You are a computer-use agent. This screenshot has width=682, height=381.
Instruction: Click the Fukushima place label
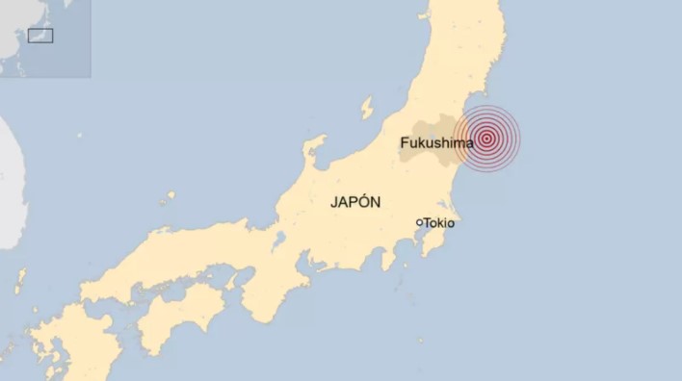tap(436, 143)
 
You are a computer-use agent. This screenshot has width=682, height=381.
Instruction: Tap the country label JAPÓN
tap(355, 202)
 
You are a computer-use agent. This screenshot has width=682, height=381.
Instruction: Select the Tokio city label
tap(439, 222)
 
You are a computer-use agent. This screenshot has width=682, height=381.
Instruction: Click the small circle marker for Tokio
tap(419, 222)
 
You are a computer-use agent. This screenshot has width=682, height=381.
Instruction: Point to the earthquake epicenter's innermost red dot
tap(487, 138)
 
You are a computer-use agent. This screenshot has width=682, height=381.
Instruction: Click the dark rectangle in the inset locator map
tap(40, 36)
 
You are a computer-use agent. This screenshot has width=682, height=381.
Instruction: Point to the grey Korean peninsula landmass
tap(10, 183)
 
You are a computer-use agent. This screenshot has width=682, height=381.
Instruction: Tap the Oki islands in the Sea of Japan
tap(169, 197)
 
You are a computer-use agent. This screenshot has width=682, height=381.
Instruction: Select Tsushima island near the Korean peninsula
tap(19, 282)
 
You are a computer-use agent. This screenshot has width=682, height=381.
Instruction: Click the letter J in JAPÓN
tap(333, 202)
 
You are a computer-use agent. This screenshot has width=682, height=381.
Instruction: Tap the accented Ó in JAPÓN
tap(365, 201)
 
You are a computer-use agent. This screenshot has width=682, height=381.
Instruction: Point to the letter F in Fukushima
tap(405, 143)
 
